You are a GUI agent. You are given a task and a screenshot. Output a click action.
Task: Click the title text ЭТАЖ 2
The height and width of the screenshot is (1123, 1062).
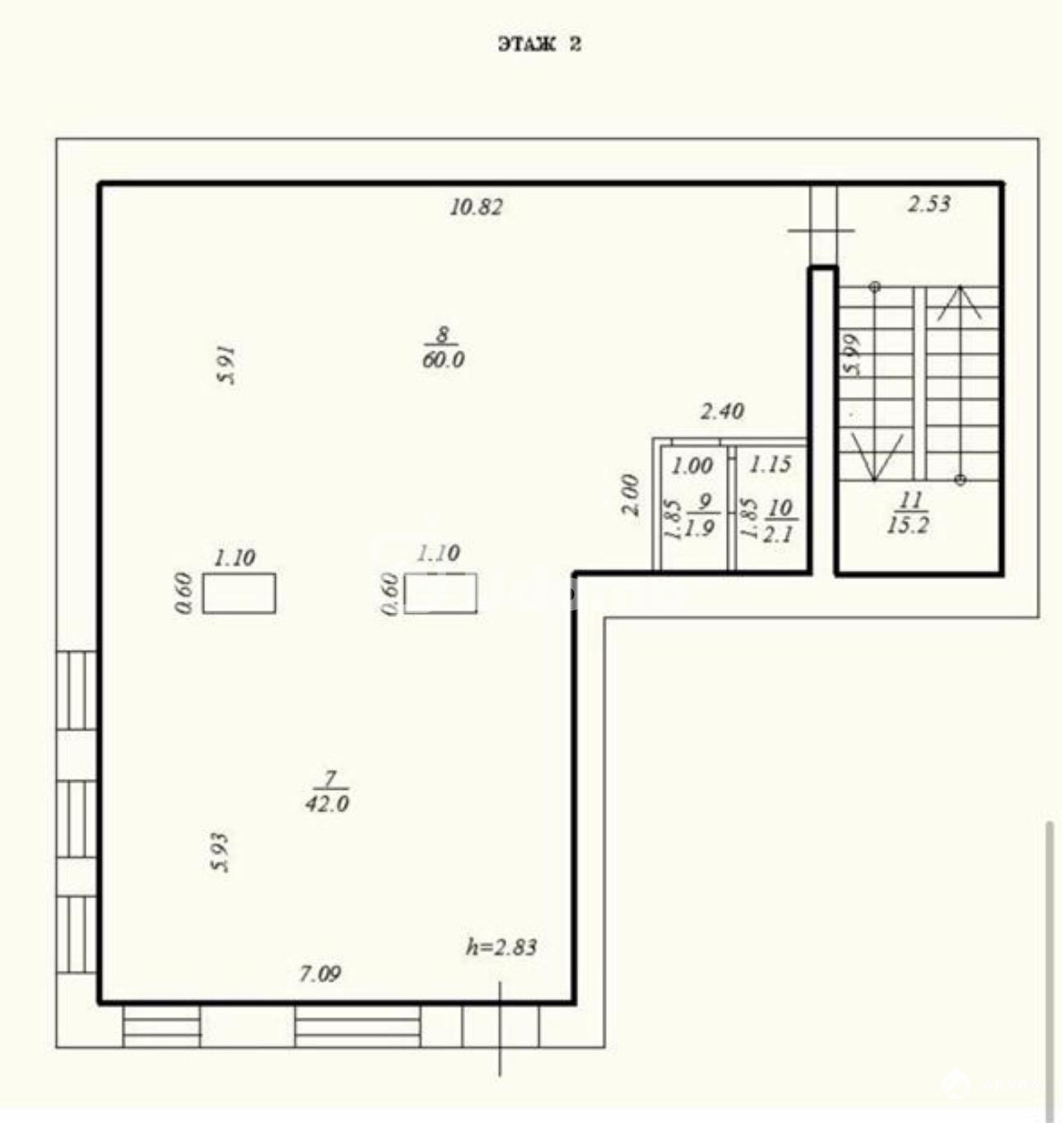(539, 44)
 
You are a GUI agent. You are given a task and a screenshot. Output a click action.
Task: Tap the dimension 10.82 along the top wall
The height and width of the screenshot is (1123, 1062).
(476, 207)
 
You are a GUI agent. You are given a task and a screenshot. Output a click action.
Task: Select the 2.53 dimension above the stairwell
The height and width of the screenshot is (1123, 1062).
(929, 203)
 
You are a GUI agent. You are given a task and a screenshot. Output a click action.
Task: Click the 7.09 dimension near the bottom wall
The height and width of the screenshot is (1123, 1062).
(320, 974)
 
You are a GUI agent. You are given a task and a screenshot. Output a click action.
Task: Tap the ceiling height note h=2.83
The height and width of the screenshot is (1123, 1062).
(501, 947)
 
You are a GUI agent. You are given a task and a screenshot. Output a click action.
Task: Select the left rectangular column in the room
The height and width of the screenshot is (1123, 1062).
(239, 593)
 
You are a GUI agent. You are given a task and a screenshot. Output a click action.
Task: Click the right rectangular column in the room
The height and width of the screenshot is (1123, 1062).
(440, 593)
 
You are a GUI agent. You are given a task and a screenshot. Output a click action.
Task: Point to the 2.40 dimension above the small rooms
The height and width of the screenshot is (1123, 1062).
(722, 411)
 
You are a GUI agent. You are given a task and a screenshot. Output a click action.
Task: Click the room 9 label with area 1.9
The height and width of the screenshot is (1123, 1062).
(703, 514)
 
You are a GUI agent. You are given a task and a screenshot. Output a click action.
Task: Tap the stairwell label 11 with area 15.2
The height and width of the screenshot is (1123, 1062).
(908, 513)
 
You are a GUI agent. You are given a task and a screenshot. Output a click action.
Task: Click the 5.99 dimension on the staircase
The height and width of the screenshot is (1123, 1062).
(851, 355)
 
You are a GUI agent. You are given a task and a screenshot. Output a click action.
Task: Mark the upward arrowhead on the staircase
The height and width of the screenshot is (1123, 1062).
(960, 304)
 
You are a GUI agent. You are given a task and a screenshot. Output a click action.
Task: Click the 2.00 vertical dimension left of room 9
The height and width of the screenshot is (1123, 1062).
(631, 495)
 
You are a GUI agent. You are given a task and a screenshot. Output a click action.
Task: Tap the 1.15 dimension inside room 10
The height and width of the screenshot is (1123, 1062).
(770, 465)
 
